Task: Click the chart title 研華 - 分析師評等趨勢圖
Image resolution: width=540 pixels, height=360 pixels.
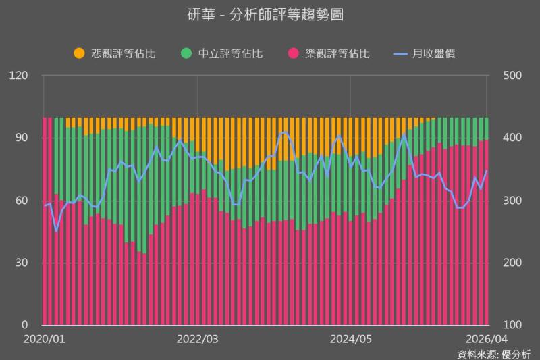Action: coord(269,15)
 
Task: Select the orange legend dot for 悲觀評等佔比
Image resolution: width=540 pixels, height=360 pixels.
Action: coord(79,53)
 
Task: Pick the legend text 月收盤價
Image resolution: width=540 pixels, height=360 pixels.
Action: coord(434,53)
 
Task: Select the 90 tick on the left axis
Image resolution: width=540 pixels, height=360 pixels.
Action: coord(21,138)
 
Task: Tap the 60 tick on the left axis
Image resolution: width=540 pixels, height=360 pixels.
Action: coord(21,201)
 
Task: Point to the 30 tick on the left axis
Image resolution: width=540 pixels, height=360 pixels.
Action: coord(21,263)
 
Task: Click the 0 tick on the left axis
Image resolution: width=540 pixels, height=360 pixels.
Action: coord(24,325)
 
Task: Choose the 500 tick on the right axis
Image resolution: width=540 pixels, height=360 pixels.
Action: coord(513,76)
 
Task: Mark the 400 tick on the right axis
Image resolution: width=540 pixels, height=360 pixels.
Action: coord(513,138)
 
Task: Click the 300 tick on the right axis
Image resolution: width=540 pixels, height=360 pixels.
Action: coord(513,201)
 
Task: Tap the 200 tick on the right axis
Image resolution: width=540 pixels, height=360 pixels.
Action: coord(513,263)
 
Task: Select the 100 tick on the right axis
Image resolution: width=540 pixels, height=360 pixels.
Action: coord(513,325)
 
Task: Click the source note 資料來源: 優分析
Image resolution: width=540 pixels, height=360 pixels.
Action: coord(493,353)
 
